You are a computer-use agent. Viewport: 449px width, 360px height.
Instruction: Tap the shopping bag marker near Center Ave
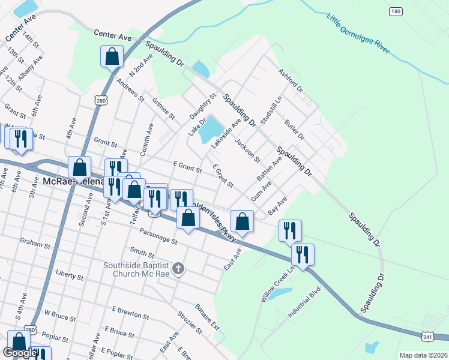(x=112, y=56)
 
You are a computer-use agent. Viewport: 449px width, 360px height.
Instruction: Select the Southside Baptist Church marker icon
(x=178, y=270)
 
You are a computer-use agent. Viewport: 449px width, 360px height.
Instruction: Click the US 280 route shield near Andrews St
(x=100, y=101)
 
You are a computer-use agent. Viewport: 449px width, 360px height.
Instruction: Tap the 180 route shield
(x=395, y=11)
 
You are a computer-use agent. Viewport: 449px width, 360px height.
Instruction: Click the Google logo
(x=20, y=353)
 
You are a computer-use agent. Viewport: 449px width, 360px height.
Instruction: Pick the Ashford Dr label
(x=291, y=80)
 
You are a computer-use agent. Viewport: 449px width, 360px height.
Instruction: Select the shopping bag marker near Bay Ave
(x=242, y=221)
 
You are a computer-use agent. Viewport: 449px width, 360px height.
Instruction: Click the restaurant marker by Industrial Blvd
(x=303, y=254)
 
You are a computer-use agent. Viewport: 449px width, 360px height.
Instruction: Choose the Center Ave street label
(x=112, y=37)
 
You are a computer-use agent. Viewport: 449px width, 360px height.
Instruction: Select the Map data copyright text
(x=423, y=355)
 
